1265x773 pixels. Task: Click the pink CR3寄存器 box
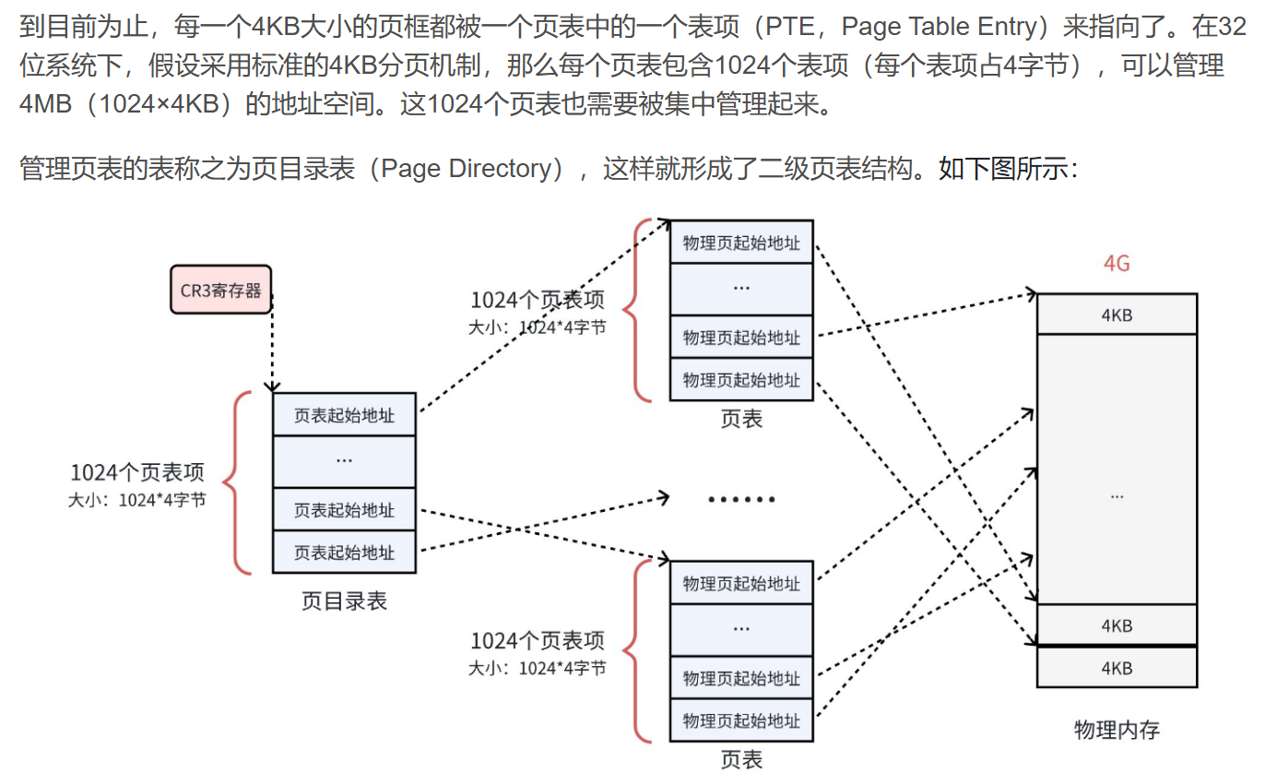(x=220, y=291)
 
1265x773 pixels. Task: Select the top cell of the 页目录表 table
(x=344, y=415)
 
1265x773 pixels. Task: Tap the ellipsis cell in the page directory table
(x=344, y=459)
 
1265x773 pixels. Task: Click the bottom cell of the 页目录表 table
(x=344, y=553)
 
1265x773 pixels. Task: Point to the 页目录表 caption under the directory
(x=344, y=601)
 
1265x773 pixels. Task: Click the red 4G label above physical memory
(x=1117, y=264)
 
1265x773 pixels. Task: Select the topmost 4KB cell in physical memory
(x=1117, y=315)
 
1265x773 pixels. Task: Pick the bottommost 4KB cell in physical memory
(x=1117, y=668)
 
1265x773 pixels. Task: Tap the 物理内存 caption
(x=1117, y=731)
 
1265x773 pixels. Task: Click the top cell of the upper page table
(x=741, y=243)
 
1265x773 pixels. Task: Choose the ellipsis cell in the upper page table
(x=741, y=288)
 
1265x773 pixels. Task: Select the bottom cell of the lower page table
(x=741, y=720)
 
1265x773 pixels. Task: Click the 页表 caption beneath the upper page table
(x=741, y=420)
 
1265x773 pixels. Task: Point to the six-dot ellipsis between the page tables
(x=741, y=500)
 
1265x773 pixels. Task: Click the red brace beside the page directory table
(x=238, y=482)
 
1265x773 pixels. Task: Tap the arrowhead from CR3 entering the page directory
(x=272, y=387)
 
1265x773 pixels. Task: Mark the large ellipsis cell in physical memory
(x=1117, y=495)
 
